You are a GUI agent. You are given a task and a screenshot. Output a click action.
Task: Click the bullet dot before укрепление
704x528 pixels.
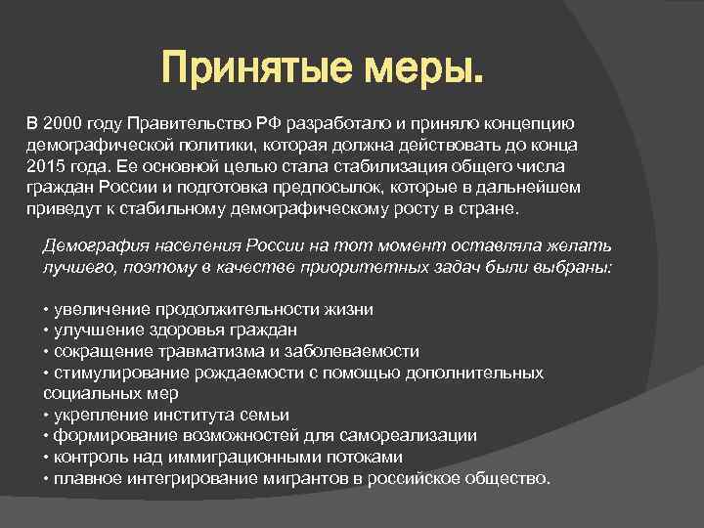pyautogui.click(x=46, y=415)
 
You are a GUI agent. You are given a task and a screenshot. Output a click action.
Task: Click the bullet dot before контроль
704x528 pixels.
pyautogui.click(x=46, y=457)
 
